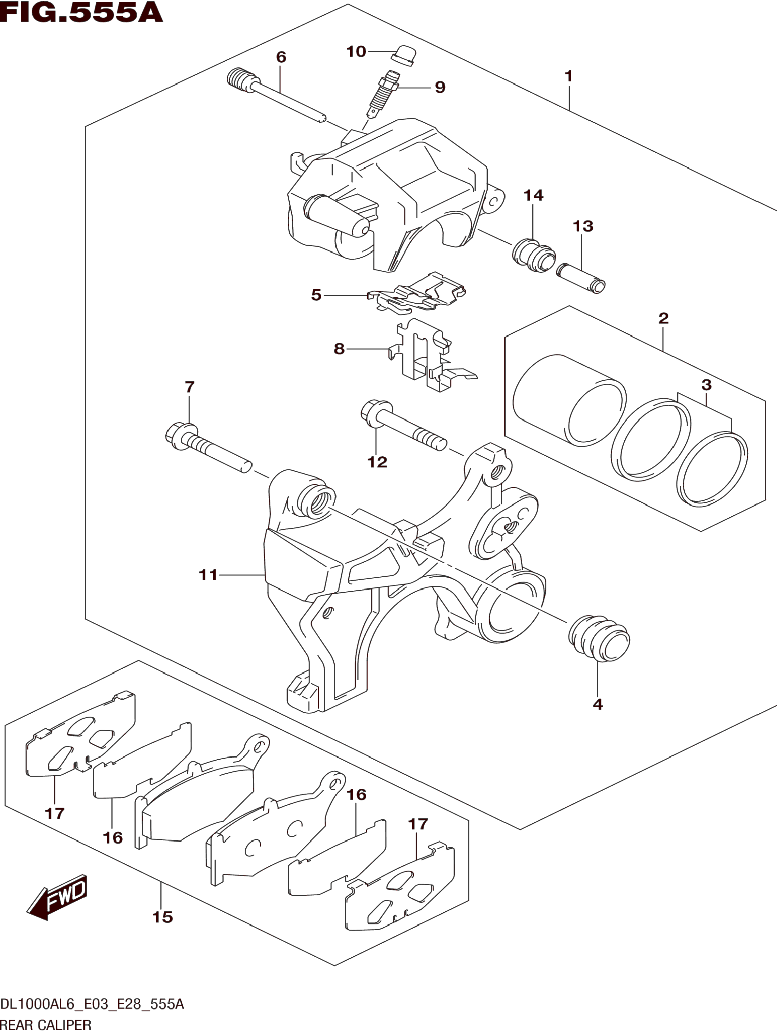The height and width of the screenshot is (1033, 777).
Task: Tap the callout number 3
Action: [x=706, y=385]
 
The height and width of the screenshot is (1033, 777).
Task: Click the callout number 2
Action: [x=663, y=318]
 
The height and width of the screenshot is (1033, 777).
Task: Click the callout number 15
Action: [x=162, y=917]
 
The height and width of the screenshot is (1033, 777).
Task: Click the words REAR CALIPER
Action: [x=46, y=1025]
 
